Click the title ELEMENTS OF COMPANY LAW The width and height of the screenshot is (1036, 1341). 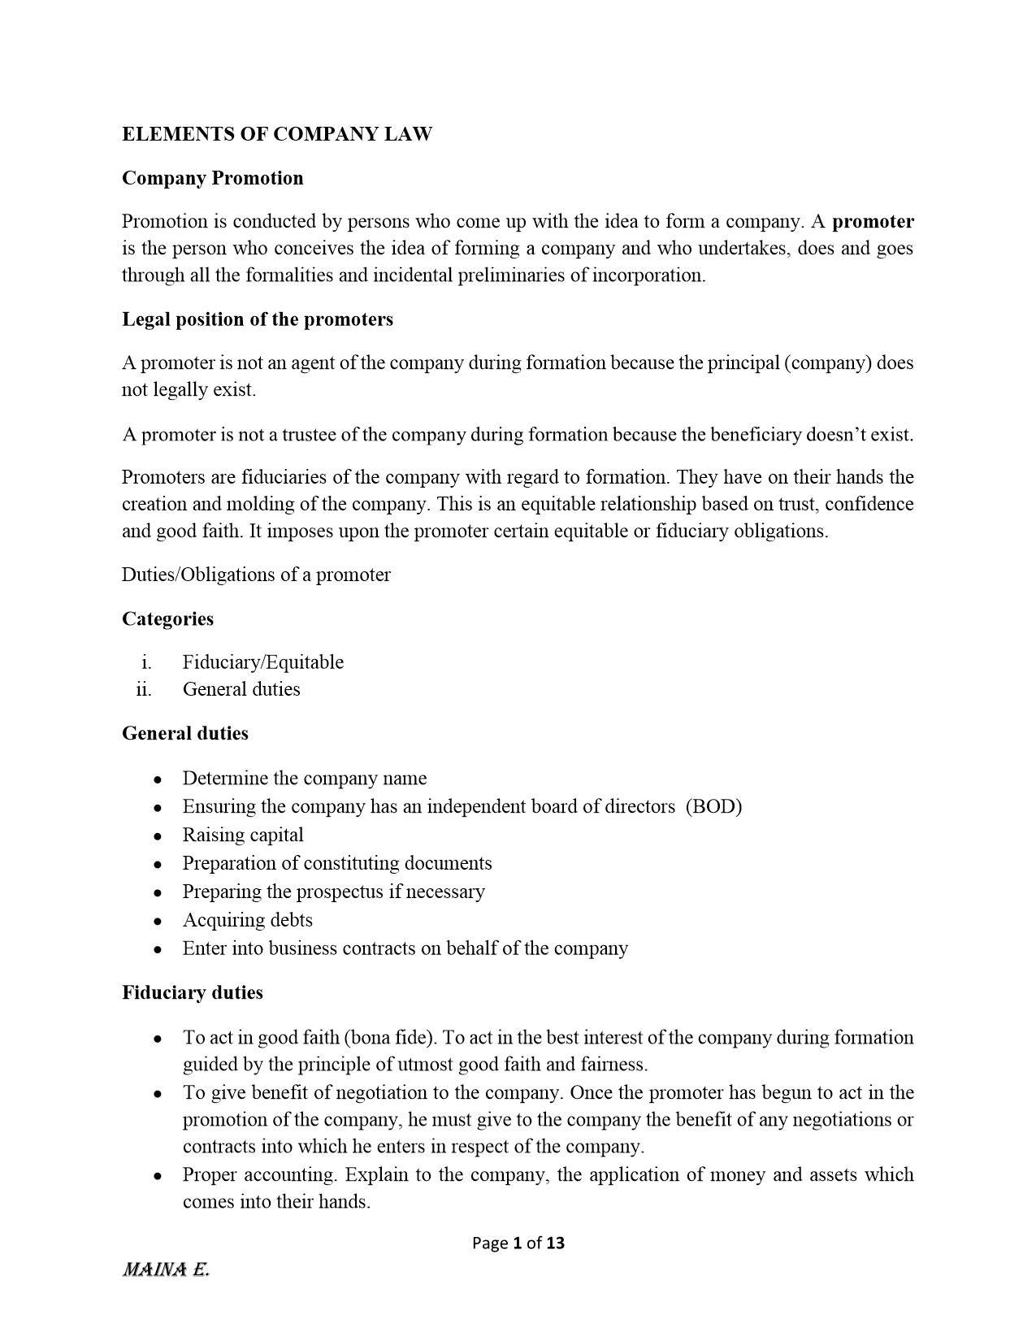click(x=276, y=134)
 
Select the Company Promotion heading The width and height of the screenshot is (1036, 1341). click(x=212, y=178)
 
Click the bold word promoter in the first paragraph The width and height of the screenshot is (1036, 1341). click(x=873, y=221)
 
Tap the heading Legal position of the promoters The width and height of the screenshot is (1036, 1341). click(x=257, y=319)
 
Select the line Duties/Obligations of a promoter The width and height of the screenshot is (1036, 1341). click(x=256, y=575)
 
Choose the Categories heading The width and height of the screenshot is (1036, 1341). click(x=167, y=618)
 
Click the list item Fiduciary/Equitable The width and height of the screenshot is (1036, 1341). click(x=262, y=662)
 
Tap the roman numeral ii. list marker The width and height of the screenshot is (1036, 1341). click(x=144, y=690)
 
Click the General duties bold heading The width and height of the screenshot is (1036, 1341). click(x=185, y=733)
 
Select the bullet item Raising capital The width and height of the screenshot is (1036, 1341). click(x=242, y=835)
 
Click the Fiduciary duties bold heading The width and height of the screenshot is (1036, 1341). click(x=193, y=992)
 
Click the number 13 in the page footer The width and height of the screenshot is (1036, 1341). click(x=555, y=1243)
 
